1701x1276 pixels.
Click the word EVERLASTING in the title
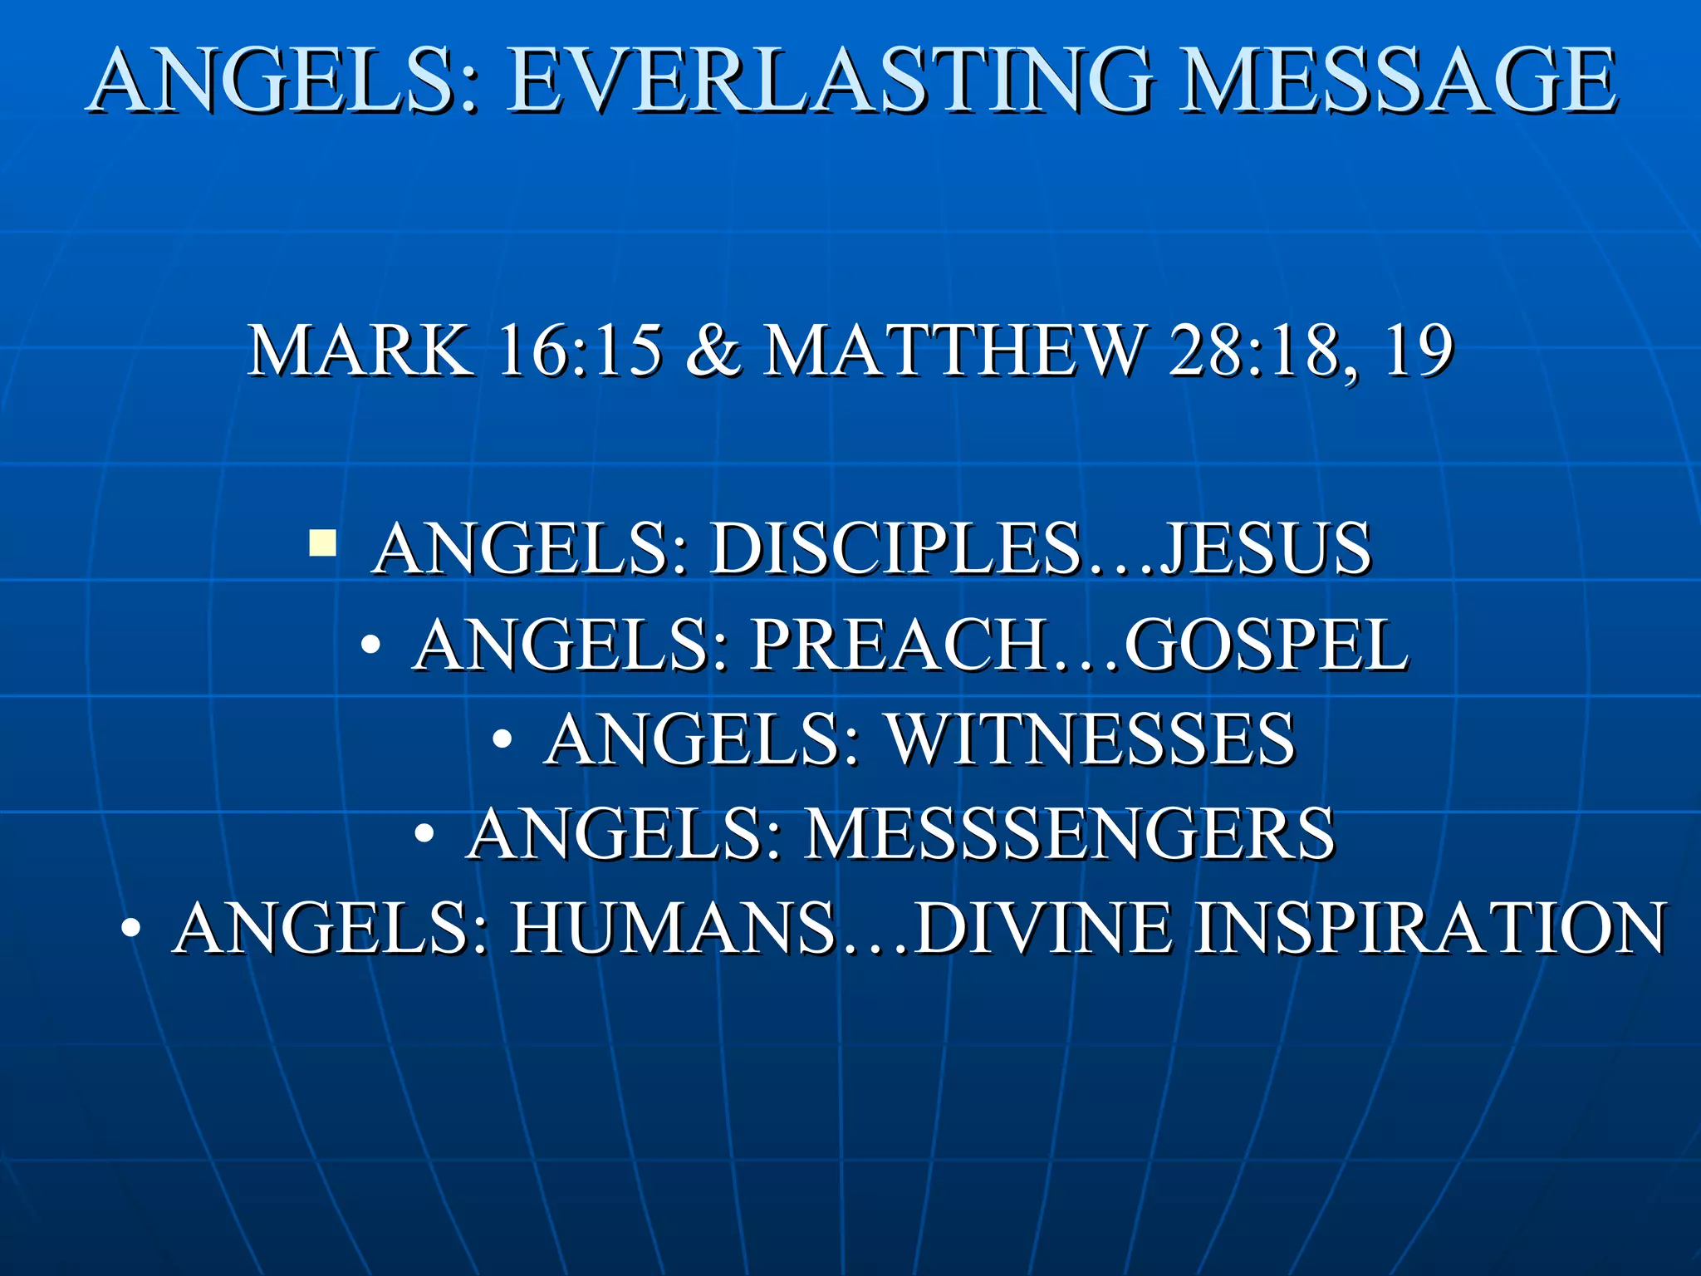tap(831, 81)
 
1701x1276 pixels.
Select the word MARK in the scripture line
tap(361, 351)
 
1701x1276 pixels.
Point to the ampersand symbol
tap(713, 351)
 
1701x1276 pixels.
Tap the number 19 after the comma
tap(1417, 351)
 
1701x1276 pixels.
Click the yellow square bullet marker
tap(322, 544)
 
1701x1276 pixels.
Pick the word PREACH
tap(896, 645)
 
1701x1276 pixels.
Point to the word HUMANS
tap(673, 929)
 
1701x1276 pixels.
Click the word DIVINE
tap(1042, 929)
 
